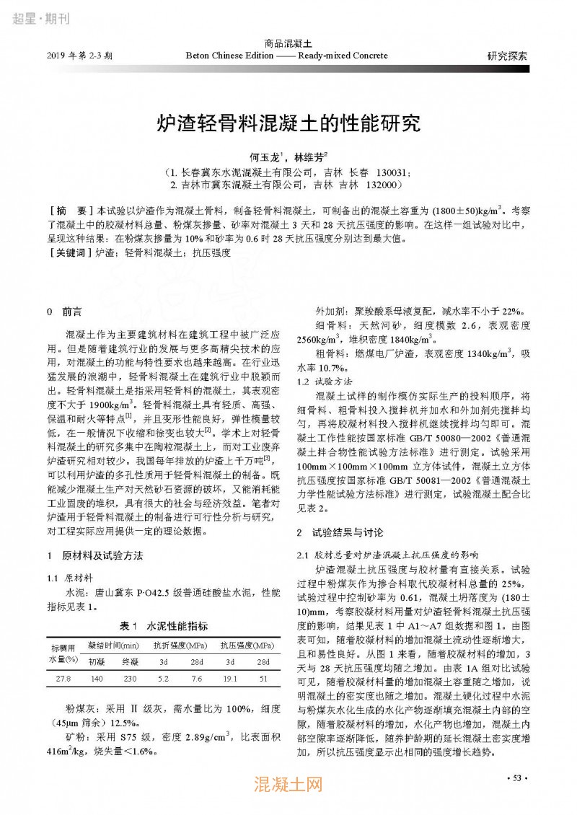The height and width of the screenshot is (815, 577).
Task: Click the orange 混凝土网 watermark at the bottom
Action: (288, 784)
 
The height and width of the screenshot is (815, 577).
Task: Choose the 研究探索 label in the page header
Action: (507, 55)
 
